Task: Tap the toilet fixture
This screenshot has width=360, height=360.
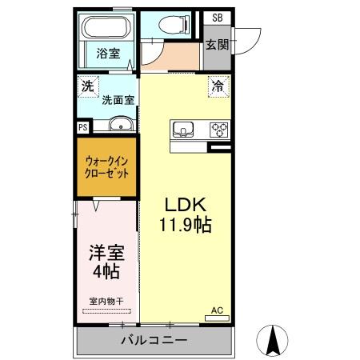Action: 170,26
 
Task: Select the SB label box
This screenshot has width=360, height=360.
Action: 217,18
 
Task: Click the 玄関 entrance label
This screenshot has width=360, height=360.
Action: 216,44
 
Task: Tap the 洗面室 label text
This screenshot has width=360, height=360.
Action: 118,100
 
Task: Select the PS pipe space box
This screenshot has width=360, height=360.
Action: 82,126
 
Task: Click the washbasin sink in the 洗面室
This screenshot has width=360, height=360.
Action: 121,124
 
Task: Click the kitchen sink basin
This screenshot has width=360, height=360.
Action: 182,129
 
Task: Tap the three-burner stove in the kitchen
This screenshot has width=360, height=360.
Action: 218,129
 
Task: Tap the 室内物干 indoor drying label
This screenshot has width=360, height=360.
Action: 106,301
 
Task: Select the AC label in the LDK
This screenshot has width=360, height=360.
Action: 217,310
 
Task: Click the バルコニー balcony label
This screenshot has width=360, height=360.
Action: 154,341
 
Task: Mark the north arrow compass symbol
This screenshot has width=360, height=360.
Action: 274,342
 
